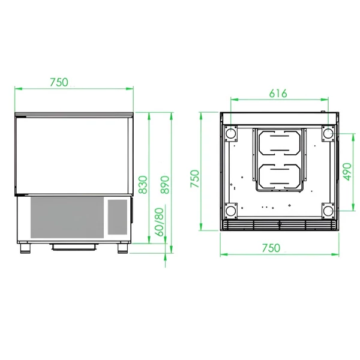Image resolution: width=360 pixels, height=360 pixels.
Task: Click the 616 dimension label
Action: point(278,94)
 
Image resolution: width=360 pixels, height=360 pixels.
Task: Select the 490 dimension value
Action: point(347,172)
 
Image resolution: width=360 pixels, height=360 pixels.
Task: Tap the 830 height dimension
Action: point(143,185)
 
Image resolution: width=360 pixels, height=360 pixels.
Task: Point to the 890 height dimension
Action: point(164,185)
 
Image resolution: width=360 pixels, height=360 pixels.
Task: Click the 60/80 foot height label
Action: point(160,222)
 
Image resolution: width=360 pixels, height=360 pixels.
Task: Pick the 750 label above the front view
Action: point(59,82)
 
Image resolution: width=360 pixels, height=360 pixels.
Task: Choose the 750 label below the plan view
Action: point(271,248)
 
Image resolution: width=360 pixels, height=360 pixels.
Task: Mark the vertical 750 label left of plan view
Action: point(194,179)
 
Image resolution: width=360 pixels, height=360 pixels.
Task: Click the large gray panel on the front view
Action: point(67,217)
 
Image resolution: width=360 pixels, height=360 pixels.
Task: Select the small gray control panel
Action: point(118,217)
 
